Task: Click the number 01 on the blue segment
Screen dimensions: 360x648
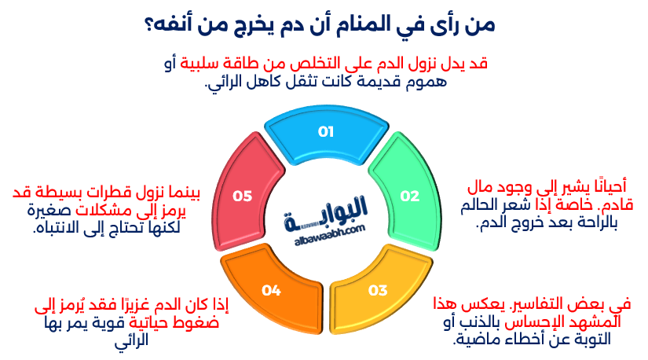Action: point(326,132)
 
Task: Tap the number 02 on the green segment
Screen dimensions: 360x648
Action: point(410,196)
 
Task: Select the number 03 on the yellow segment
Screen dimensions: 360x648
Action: point(378,291)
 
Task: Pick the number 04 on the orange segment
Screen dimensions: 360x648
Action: point(271,291)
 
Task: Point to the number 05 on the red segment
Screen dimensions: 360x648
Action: point(242,196)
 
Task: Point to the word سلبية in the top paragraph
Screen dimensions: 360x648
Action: point(204,64)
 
